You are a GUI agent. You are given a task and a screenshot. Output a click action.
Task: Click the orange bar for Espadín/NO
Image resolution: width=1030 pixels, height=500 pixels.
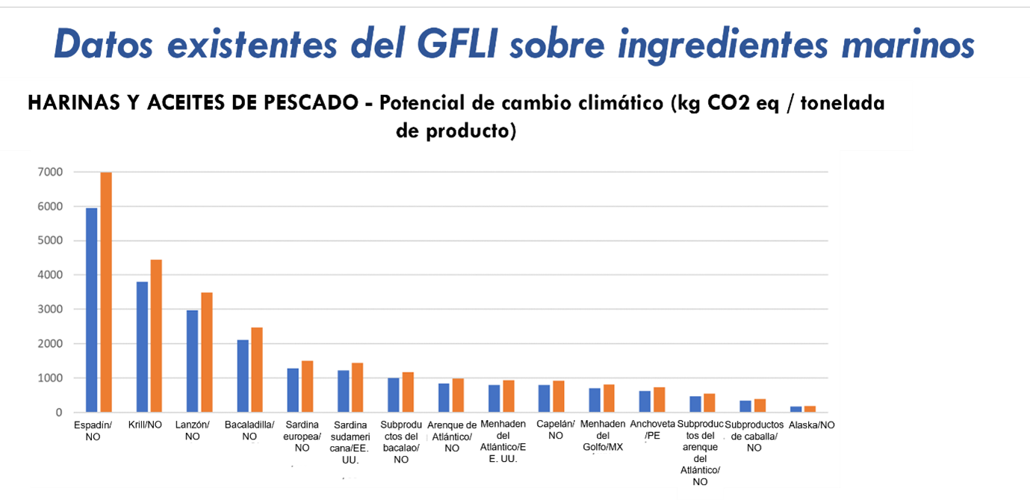click(106, 292)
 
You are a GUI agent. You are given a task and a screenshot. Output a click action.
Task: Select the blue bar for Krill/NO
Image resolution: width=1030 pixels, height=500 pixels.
click(142, 347)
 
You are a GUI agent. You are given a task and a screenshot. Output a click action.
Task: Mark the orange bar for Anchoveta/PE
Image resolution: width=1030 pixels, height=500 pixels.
click(660, 400)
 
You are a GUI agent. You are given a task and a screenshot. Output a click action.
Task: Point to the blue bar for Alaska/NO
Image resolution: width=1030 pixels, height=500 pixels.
click(796, 410)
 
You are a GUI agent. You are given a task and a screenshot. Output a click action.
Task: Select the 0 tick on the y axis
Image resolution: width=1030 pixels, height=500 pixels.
click(57, 413)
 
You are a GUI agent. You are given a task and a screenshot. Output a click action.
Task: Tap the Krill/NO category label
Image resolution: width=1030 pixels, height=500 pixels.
click(146, 425)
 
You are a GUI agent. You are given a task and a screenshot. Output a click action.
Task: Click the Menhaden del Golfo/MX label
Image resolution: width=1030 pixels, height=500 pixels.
click(602, 436)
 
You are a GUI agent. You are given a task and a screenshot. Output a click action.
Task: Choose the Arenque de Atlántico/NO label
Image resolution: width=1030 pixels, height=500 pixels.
click(452, 436)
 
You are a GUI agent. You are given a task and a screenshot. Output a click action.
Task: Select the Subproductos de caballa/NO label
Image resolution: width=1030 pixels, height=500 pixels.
click(754, 436)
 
